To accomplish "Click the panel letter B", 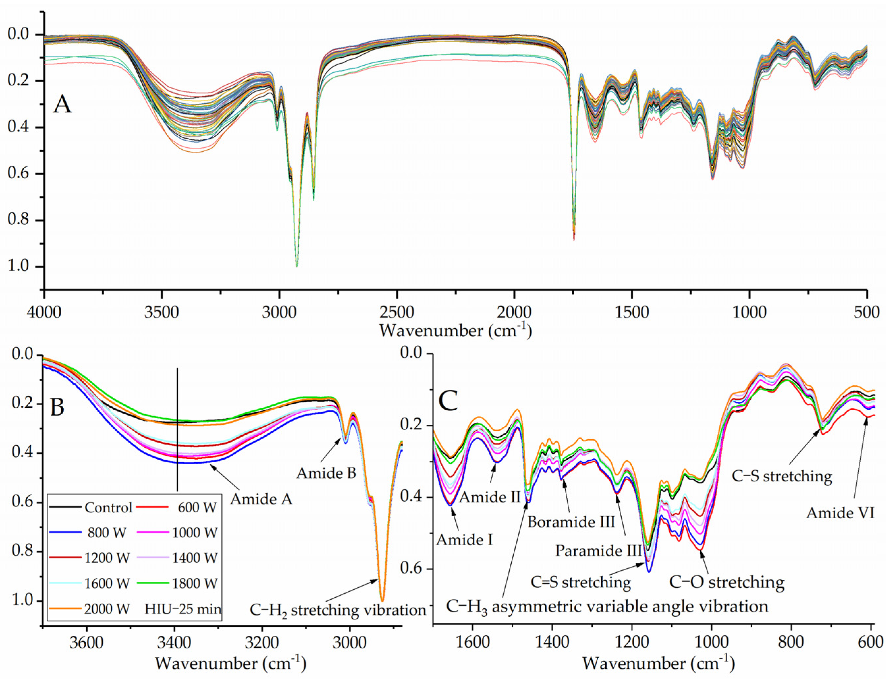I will coord(57,407).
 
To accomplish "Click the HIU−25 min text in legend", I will coord(183,609).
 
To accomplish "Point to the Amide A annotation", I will coord(261,500).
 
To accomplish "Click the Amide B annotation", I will coord(326,473).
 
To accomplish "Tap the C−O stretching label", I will coord(727,583).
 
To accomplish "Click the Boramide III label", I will coord(571,522).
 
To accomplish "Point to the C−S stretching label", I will coord(782,476).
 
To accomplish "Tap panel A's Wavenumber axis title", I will coord(455,331).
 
